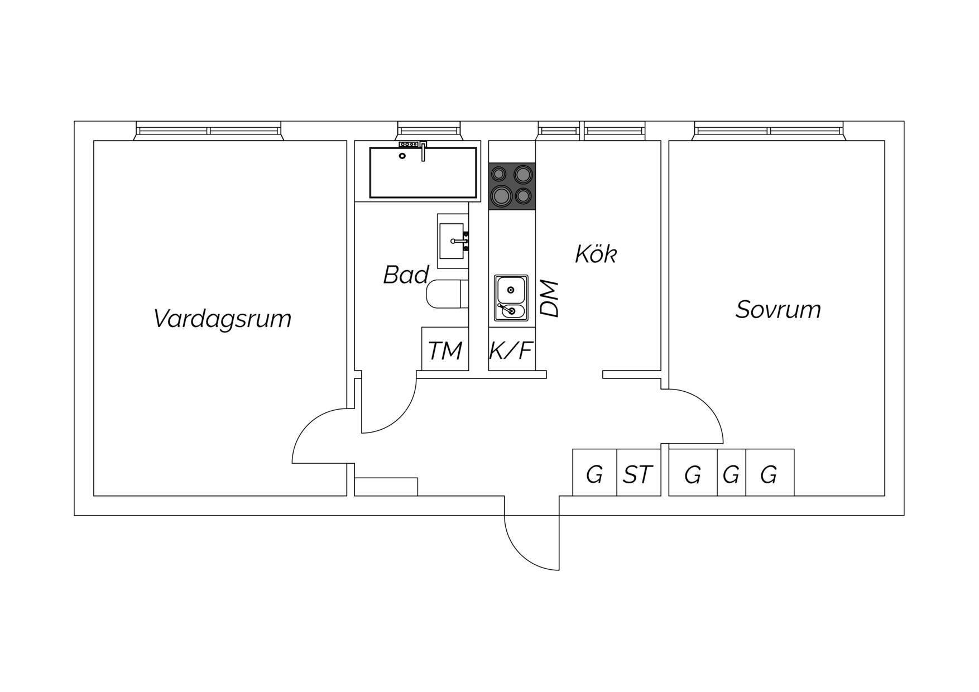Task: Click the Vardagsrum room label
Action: pyautogui.click(x=222, y=319)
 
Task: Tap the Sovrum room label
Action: pyautogui.click(x=778, y=309)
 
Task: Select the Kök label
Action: pyautogui.click(x=596, y=254)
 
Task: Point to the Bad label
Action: pyautogui.click(x=406, y=275)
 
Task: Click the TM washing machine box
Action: pyautogui.click(x=445, y=349)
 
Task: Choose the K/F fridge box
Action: pyautogui.click(x=512, y=349)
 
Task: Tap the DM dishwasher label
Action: pyautogui.click(x=550, y=299)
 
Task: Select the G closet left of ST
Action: pyautogui.click(x=595, y=472)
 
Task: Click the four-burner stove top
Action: pyautogui.click(x=512, y=186)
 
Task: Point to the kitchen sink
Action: pyautogui.click(x=511, y=298)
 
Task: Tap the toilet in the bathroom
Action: pyautogui.click(x=447, y=294)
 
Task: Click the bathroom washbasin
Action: pyautogui.click(x=453, y=241)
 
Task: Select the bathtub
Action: pyautogui.click(x=423, y=172)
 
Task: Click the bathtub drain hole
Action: pyautogui.click(x=402, y=156)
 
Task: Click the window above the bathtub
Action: pyautogui.click(x=430, y=131)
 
